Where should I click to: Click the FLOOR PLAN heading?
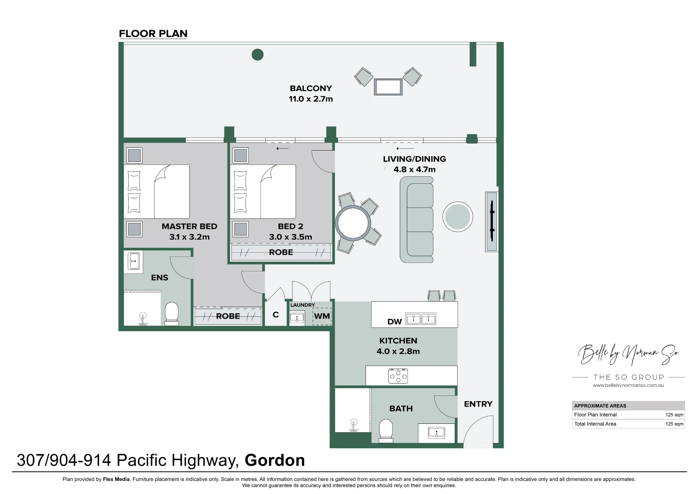[x=153, y=34]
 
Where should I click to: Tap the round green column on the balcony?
[x=258, y=55]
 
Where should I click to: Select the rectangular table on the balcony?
[x=388, y=87]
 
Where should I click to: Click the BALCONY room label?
[x=311, y=88]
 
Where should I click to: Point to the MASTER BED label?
[x=189, y=226]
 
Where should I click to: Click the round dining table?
[x=353, y=223]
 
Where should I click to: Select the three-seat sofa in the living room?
[x=417, y=219]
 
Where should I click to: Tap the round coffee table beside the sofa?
[x=458, y=217]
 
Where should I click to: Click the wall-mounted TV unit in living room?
[x=491, y=221]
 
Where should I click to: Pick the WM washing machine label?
[x=322, y=316]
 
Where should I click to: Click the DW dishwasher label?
[x=395, y=322]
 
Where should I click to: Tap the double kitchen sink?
[x=421, y=319]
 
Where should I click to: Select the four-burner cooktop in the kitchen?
[x=398, y=376]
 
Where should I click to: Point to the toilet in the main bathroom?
[x=386, y=430]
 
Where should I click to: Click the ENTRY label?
[x=478, y=404]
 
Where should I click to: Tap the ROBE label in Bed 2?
[x=281, y=252]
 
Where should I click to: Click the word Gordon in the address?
[x=275, y=460]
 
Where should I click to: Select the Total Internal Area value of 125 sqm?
[x=674, y=424]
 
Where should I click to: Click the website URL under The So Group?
[x=628, y=385]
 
